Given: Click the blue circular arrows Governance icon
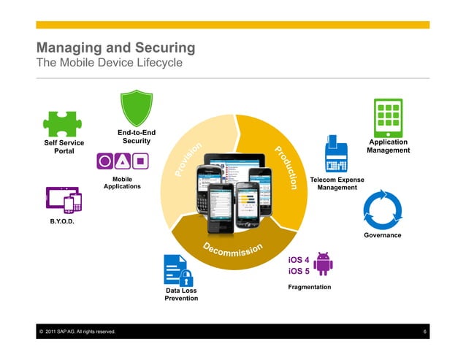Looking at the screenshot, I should pos(382,209).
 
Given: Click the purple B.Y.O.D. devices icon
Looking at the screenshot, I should pos(62,199).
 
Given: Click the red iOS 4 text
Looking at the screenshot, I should pos(299,259).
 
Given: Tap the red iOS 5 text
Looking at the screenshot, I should pos(299,271).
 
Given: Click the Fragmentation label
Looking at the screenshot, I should pos(310,287).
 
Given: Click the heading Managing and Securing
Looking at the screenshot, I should pos(115,48).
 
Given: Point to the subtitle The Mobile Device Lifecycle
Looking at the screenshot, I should pos(109,63).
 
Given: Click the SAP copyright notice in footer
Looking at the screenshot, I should pos(75,332).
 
